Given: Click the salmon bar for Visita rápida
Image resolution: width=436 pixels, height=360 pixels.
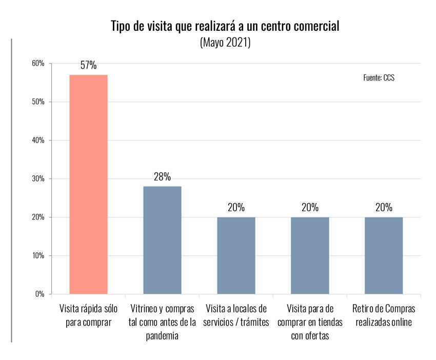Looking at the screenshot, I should click(x=88, y=185).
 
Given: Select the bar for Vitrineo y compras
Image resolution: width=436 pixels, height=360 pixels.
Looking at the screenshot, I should click(x=162, y=240).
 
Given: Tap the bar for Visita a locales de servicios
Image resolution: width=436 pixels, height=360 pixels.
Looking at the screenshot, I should click(x=236, y=255).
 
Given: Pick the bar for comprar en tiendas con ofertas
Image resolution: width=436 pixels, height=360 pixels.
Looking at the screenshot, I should click(x=310, y=255).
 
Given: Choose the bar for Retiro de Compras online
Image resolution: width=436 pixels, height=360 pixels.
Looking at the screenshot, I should click(x=384, y=255).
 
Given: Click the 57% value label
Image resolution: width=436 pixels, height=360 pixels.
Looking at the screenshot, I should click(x=88, y=66).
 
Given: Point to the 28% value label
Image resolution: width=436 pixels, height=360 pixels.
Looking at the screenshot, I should click(x=162, y=177).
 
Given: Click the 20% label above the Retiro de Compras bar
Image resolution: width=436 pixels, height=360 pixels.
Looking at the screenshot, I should click(x=384, y=208).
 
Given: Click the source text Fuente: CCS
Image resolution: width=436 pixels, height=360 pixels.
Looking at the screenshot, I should click(x=379, y=78).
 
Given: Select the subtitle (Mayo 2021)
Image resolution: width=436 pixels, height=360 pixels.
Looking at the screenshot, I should click(x=225, y=43).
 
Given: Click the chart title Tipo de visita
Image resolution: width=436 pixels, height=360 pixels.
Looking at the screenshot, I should click(x=225, y=27).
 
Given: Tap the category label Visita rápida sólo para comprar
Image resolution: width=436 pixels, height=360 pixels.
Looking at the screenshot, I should click(x=88, y=316).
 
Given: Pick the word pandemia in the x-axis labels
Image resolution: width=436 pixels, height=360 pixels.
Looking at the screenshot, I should click(x=162, y=336).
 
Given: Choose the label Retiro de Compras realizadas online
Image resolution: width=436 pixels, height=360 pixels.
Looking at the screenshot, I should click(x=384, y=316).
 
